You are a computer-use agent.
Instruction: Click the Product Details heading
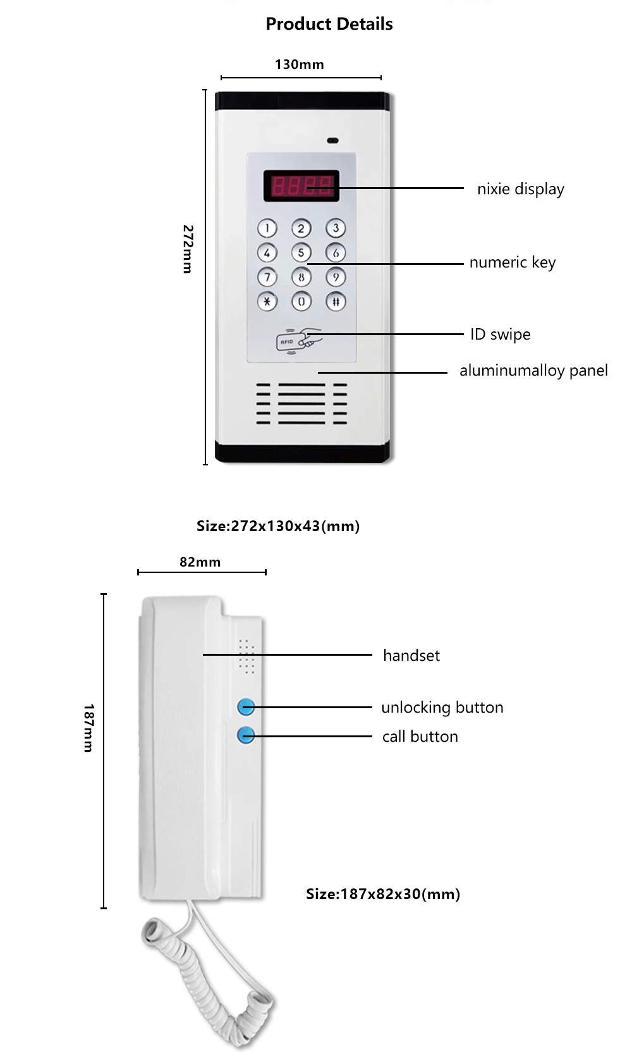pyautogui.click(x=329, y=24)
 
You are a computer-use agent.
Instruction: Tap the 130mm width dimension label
pyautogui.click(x=299, y=64)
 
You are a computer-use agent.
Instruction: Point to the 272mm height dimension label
pyautogui.click(x=188, y=249)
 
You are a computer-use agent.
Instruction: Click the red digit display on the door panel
pyautogui.click(x=301, y=186)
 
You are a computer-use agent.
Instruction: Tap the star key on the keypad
pyautogui.click(x=267, y=301)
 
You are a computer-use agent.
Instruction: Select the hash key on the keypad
pyautogui.click(x=336, y=301)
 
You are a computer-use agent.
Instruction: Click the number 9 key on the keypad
pyautogui.click(x=336, y=277)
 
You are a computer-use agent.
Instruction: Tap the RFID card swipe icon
pyautogui.click(x=298, y=340)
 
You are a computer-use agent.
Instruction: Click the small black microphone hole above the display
pyautogui.click(x=332, y=140)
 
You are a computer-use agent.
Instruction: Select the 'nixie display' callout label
pyautogui.click(x=520, y=189)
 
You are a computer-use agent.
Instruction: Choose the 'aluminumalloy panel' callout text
pyautogui.click(x=533, y=371)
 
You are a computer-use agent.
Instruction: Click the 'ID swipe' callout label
pyautogui.click(x=500, y=335)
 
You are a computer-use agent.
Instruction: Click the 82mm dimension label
pyautogui.click(x=200, y=562)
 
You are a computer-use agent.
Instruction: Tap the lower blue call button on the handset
pyautogui.click(x=246, y=735)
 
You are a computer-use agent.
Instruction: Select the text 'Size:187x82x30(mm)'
pyautogui.click(x=383, y=894)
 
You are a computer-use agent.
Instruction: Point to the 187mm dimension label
pyautogui.click(x=88, y=727)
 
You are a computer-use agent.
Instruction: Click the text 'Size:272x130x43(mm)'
pyautogui.click(x=278, y=526)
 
